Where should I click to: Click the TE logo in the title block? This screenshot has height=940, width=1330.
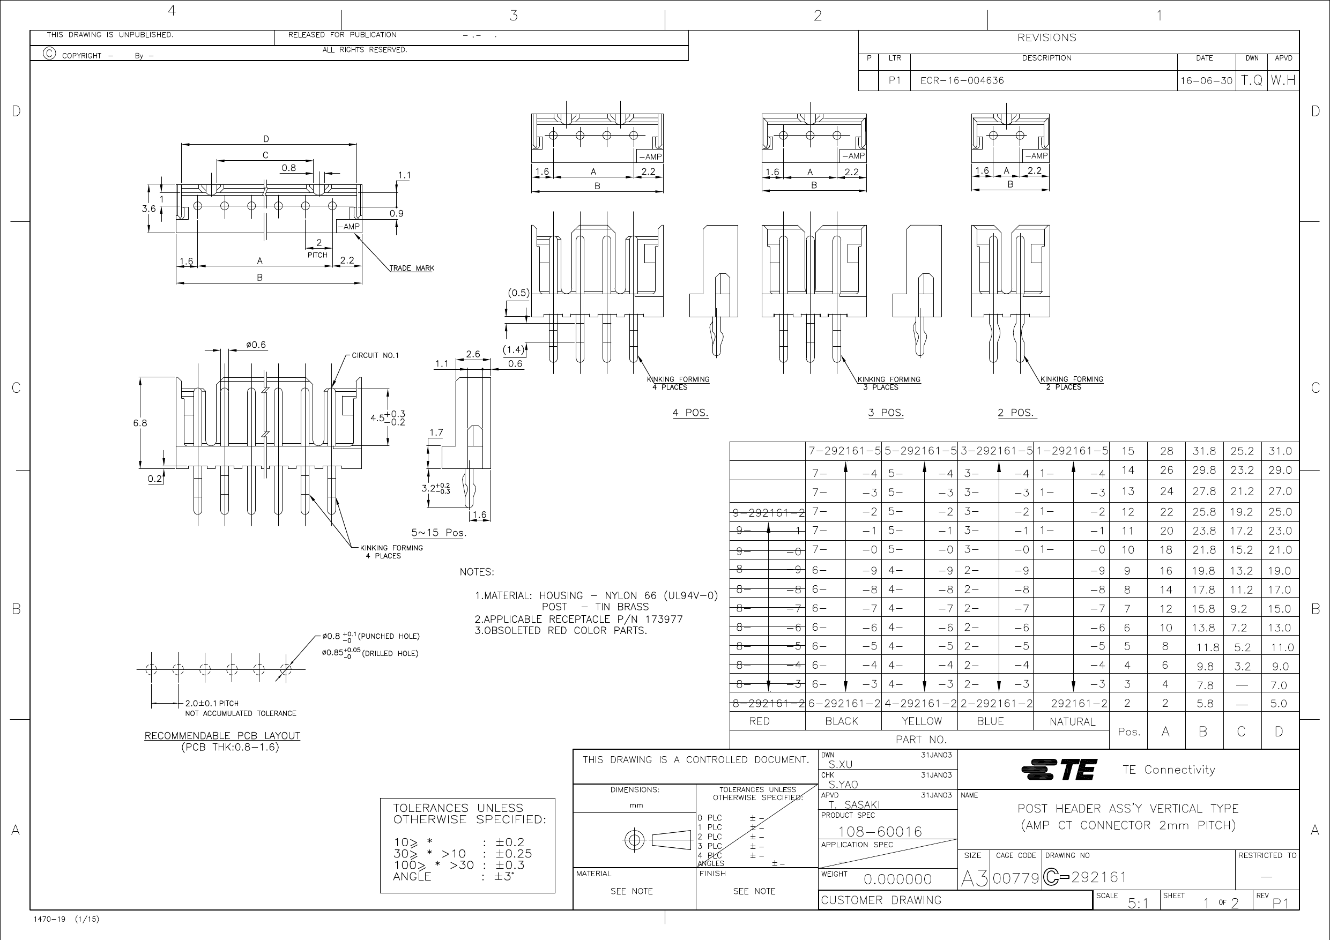point(1059,769)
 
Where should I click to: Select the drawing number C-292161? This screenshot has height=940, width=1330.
point(1084,877)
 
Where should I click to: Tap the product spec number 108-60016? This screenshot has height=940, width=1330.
point(879,832)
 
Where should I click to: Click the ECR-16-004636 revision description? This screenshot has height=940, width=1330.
point(962,80)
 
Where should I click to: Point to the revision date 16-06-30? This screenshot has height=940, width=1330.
point(1206,81)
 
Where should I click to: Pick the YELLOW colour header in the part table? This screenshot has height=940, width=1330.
point(922,721)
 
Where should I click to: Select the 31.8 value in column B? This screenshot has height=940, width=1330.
point(1203,451)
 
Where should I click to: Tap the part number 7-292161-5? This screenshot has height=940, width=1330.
point(844,451)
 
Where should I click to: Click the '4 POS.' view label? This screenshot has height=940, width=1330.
point(690,413)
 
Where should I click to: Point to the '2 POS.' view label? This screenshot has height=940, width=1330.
point(1016,413)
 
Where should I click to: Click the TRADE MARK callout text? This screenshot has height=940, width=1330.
point(412,268)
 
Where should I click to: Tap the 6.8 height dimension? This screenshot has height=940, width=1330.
point(140,423)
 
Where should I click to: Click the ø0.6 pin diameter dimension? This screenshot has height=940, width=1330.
point(256,345)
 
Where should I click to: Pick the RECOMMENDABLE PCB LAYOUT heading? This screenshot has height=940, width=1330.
point(222,736)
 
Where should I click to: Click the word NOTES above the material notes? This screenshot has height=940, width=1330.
point(477,572)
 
